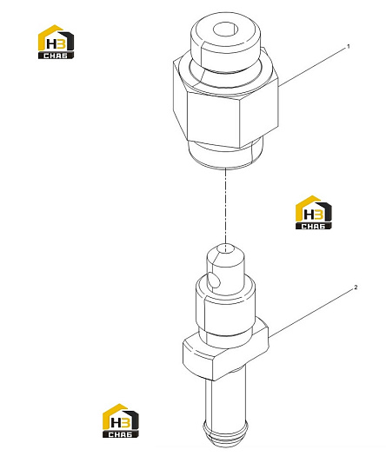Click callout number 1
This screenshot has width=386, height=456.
[x=348, y=47]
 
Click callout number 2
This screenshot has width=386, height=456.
[x=356, y=287]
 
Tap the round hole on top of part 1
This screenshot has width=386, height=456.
[x=226, y=30]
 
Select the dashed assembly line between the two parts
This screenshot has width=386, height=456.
[x=225, y=206]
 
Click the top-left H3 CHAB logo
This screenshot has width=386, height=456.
[x=56, y=42]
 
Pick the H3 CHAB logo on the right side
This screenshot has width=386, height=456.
[x=313, y=212]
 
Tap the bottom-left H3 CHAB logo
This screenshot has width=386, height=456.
[x=121, y=420]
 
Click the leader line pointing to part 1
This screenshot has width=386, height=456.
[x=312, y=67]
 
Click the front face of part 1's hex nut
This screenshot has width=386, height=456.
[x=214, y=120]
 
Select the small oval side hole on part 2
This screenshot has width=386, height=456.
[x=215, y=281]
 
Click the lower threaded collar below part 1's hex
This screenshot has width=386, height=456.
[x=226, y=154]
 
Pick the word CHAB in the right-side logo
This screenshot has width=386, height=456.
[x=313, y=226]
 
